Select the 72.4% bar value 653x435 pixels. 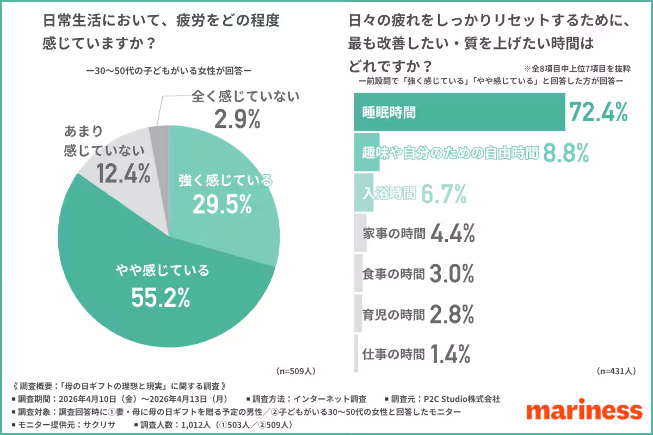(599, 113)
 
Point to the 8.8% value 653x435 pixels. (566, 154)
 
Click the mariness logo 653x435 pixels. (585, 411)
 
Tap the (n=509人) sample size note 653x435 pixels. (296, 371)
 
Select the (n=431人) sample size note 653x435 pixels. (616, 371)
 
